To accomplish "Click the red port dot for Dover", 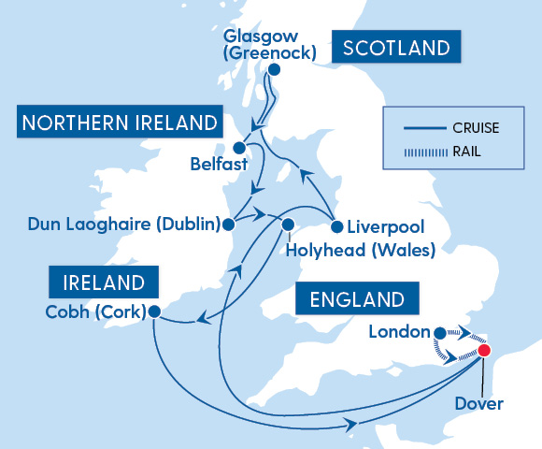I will tap(484, 351).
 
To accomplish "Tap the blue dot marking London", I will tap(440, 331).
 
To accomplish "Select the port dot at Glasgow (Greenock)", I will tap(274, 69).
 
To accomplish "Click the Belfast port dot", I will tap(239, 148).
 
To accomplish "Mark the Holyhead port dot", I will tap(288, 224).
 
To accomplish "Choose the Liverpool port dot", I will tap(336, 226).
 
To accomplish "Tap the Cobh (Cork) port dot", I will tap(154, 311).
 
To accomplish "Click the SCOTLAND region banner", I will tap(396, 49).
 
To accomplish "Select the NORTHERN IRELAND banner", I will tap(119, 123).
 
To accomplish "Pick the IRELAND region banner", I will tap(104, 282).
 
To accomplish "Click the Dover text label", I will tap(484, 404).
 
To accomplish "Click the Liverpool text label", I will tap(385, 227).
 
